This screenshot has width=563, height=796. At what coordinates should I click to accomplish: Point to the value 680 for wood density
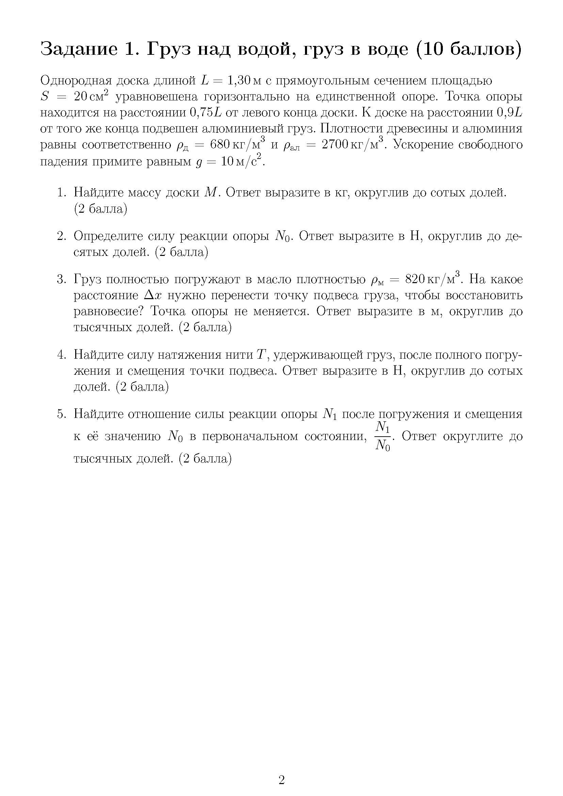click(220, 145)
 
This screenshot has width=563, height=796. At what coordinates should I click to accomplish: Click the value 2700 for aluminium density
click(335, 145)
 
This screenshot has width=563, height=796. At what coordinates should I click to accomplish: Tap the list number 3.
click(61, 279)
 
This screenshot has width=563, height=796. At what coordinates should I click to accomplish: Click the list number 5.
click(61, 414)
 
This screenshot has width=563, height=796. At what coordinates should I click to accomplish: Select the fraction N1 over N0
click(383, 436)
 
